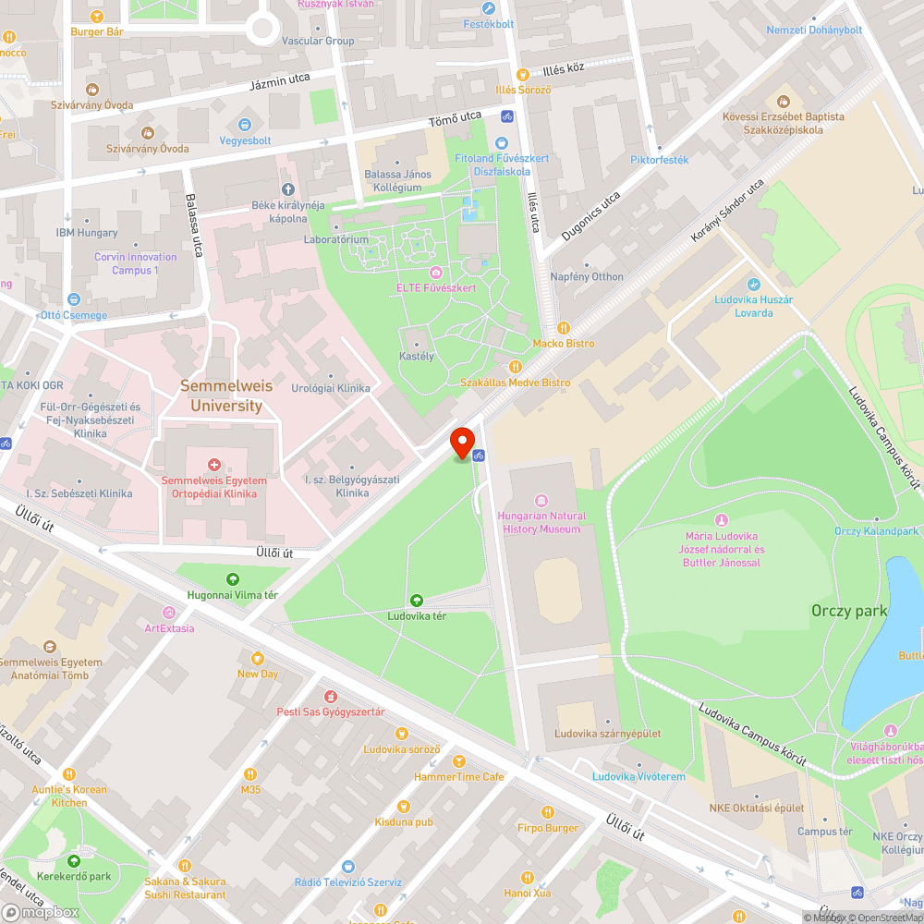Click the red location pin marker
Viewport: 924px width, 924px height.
coord(462,441)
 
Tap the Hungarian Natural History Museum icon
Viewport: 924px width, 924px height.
coord(541,500)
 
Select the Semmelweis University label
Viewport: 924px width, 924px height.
coord(221,395)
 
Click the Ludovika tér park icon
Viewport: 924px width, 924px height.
coord(417,600)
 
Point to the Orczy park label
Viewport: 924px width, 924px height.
coord(848,611)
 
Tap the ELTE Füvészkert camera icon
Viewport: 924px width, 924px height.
coord(435,273)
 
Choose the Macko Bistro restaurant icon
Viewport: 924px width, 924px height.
coord(564,327)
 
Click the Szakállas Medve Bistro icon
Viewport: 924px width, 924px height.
coord(517,366)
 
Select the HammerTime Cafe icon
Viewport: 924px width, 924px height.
coord(458,761)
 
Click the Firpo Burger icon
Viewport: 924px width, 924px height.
coord(548,812)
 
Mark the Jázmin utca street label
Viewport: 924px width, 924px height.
coord(280,82)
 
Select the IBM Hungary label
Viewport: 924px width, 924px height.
coord(87,233)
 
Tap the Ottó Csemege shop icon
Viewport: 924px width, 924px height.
coord(74,299)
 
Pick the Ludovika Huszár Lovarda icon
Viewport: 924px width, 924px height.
coord(753,285)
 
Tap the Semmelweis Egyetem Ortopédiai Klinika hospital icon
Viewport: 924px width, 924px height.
coord(214,465)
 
